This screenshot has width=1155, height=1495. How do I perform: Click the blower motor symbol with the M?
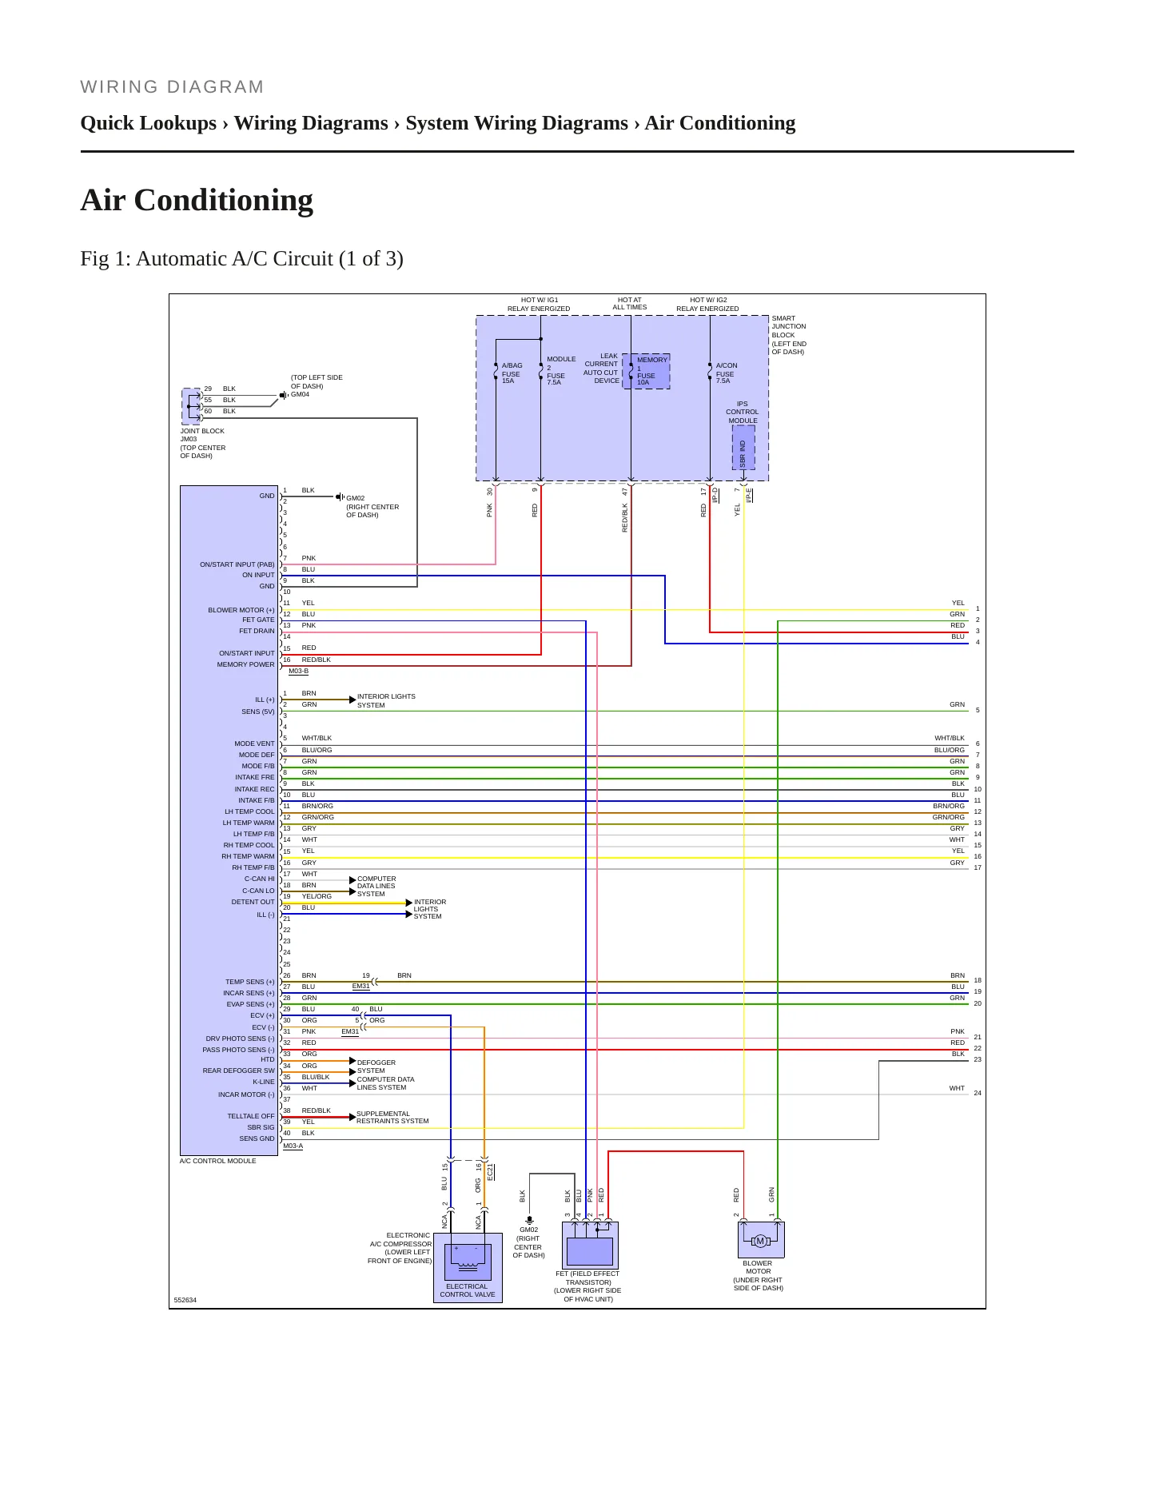pos(760,1241)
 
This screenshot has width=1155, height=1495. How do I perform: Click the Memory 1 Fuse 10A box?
pos(646,372)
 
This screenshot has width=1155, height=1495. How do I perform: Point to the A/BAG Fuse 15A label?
pos(512,373)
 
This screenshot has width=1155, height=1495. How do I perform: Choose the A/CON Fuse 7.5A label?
pos(727,373)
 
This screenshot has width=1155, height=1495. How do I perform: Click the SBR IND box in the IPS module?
pos(743,448)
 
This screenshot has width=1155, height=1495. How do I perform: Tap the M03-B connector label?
pos(298,672)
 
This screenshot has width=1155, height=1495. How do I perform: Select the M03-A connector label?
pos(293,1146)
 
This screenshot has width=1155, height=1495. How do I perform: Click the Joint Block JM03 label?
pos(203,443)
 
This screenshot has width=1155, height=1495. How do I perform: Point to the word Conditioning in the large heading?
pos(224,200)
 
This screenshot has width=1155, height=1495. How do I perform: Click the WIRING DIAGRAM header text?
pos(172,87)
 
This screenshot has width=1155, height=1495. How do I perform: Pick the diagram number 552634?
pos(185,1300)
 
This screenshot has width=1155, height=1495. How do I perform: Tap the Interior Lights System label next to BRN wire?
pos(386,701)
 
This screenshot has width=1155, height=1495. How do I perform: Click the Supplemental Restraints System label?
pos(392,1118)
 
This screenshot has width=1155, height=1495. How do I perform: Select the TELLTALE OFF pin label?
pos(251,1116)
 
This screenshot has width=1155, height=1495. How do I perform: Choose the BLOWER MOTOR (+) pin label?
pos(241,610)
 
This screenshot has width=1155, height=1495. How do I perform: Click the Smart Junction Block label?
pos(789,335)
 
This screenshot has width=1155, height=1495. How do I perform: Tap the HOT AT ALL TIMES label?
pos(630,304)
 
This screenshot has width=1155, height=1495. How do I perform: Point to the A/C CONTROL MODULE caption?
pos(218,1161)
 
